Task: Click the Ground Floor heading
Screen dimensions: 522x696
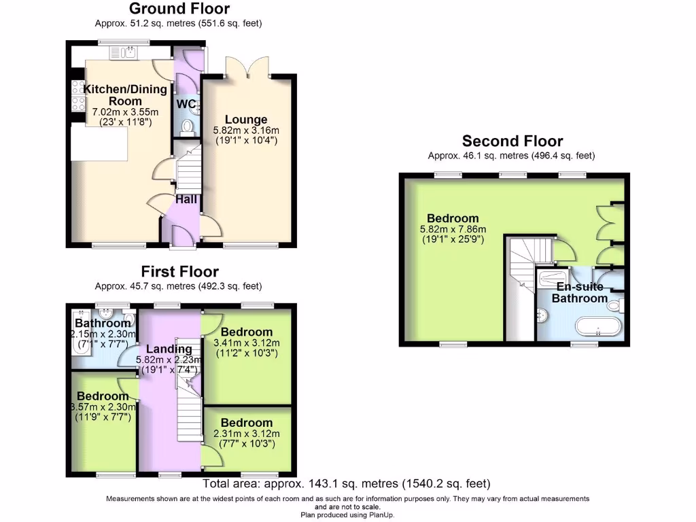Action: tap(179, 9)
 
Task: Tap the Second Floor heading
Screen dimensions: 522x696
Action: tap(512, 141)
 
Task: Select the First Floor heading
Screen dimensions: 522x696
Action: tap(179, 272)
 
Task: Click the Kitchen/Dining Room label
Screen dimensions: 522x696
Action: tap(124, 95)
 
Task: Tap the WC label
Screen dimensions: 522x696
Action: tap(187, 104)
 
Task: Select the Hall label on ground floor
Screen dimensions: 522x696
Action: tap(186, 199)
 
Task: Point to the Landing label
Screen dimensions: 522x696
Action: tap(169, 349)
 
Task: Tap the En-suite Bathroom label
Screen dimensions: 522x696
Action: tap(579, 292)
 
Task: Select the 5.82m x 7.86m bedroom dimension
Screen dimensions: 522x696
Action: tap(453, 230)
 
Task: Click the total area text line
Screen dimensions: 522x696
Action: tap(347, 484)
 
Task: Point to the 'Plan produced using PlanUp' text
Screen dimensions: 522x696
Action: tap(347, 515)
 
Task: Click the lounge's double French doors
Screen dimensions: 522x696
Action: tap(249, 66)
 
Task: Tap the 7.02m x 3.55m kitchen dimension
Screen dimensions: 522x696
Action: tap(125, 112)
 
